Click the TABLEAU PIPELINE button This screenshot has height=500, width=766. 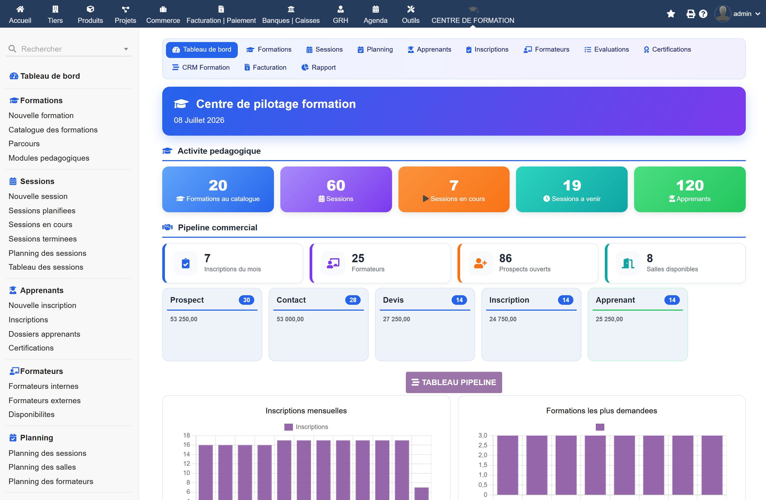tap(454, 382)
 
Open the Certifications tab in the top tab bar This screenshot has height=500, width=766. tap(667, 49)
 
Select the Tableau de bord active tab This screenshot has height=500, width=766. tap(202, 49)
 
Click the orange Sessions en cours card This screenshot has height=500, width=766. tap(454, 189)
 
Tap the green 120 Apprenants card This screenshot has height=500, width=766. tap(690, 189)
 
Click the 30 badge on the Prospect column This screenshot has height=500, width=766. tap(247, 300)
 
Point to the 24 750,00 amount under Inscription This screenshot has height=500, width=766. tap(503, 319)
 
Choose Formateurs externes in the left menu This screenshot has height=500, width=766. tap(45, 401)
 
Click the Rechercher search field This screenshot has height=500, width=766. tap(69, 49)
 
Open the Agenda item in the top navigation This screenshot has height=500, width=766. tap(376, 14)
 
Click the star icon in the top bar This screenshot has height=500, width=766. tap(671, 14)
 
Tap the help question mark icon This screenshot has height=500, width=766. tap(703, 14)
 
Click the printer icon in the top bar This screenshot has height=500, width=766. tap(691, 14)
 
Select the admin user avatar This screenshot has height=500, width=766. tap(723, 14)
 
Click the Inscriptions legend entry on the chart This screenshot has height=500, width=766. tap(306, 427)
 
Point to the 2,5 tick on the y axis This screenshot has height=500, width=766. tap(482, 445)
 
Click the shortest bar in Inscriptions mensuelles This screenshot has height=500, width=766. tap(421, 494)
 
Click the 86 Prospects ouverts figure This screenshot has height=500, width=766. tap(505, 258)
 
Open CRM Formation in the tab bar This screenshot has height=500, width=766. tap(201, 68)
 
